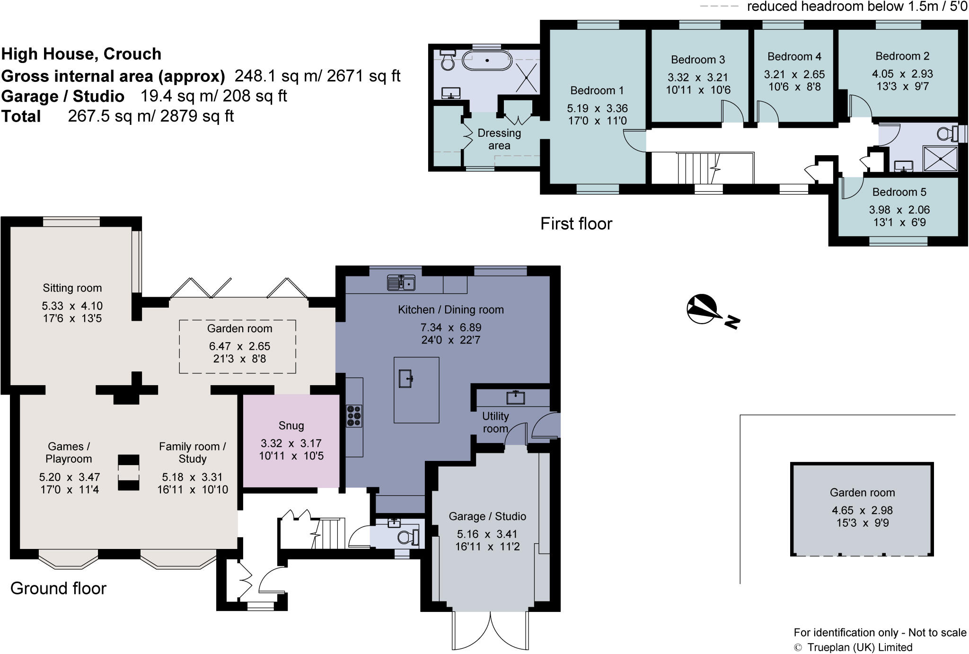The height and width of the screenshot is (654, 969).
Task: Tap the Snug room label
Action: pos(291,425)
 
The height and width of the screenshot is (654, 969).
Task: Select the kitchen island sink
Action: pos(406,379)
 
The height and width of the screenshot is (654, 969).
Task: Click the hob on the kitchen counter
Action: pos(354,416)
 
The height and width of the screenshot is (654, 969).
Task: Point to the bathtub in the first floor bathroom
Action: pos(487,61)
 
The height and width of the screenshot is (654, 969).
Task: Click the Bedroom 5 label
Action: pos(899,192)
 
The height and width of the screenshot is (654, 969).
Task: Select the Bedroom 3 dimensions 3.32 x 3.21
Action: pos(697,77)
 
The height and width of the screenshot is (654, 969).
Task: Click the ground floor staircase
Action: pos(329,533)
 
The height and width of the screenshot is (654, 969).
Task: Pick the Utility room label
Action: pos(495,422)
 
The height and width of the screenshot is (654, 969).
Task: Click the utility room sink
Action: pos(515,397)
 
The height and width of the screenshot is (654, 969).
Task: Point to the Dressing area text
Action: pos(499,139)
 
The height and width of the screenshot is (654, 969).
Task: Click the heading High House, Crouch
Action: pos(81,54)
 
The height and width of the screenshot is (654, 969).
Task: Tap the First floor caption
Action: pos(576,223)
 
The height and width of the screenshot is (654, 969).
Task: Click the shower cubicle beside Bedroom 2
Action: pos(940,159)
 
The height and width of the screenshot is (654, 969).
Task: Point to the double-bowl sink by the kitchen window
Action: pos(401,283)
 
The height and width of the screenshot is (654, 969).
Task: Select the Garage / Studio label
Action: pos(487,516)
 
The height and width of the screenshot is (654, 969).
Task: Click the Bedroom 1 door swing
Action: pos(634,141)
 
